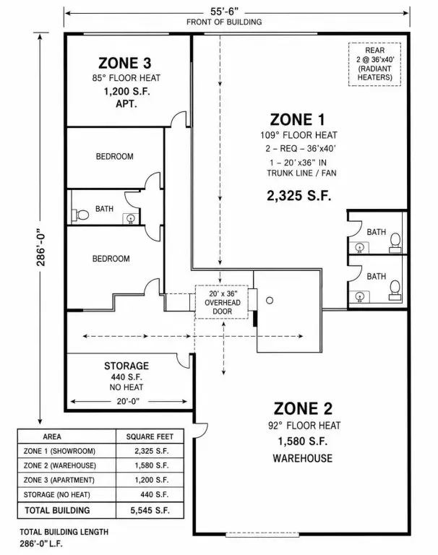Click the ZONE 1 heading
pos(297,120)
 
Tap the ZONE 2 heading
pos(303,408)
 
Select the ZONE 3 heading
pos(124,63)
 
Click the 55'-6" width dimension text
pos(224,12)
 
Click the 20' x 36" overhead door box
pos(222,302)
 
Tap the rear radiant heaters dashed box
pos(374,64)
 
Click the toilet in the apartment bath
pos(81,215)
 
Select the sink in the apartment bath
pos(130,219)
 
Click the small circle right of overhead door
pos(270,301)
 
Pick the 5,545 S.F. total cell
pos(150,510)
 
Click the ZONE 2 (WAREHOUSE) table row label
pos(60,465)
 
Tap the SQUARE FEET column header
pos(150,436)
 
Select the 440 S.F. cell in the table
pos(155,494)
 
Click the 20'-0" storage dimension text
pos(128,401)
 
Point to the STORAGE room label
pos(126,366)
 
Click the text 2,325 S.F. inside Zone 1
pos(299,196)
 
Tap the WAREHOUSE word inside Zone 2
pos(303,458)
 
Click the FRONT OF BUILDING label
pos(224,22)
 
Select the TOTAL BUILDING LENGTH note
pos(64,532)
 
